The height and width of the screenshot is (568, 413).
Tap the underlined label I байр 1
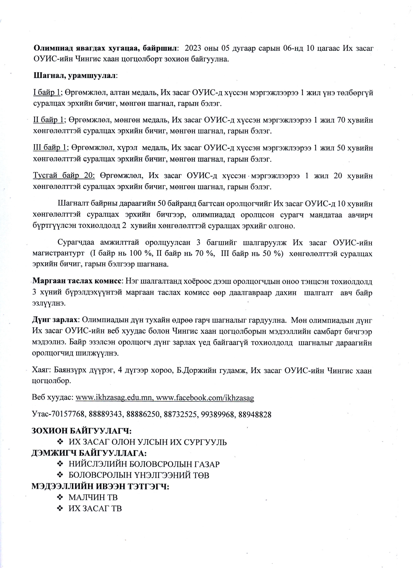47,93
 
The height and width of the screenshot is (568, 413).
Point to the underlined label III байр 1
49,148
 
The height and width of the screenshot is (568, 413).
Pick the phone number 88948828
255,415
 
